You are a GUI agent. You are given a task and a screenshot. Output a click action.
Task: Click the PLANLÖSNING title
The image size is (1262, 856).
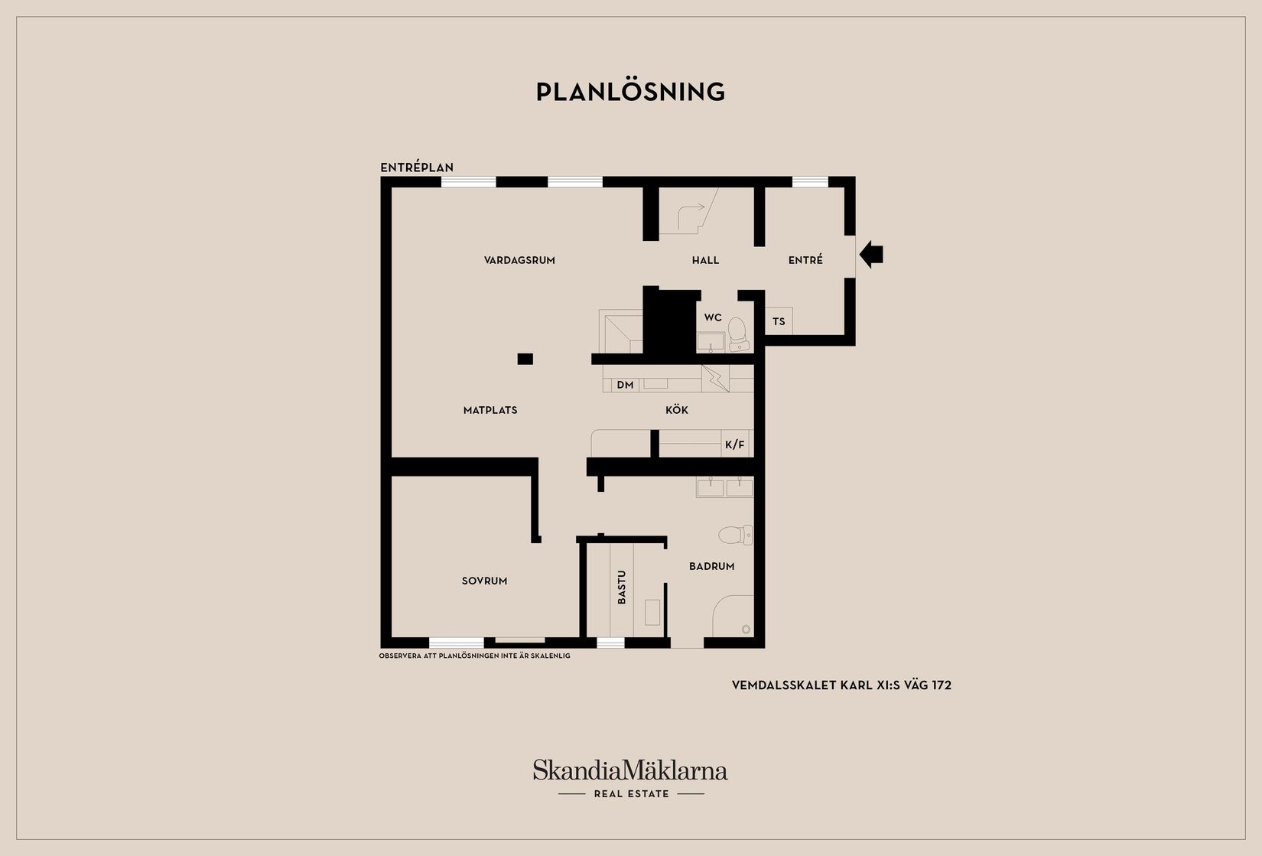630,92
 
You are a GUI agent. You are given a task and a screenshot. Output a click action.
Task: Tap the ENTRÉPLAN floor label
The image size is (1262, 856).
417,168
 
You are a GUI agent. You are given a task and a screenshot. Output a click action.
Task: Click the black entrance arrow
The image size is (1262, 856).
871,255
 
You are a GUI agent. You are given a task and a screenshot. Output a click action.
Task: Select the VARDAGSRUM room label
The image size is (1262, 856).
519,260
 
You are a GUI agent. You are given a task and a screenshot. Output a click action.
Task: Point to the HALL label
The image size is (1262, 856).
705,260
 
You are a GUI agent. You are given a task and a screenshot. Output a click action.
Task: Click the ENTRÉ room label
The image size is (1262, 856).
805,260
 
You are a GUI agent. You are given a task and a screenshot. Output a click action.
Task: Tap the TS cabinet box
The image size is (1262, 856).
779,321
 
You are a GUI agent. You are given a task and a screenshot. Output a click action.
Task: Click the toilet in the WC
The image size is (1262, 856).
738,334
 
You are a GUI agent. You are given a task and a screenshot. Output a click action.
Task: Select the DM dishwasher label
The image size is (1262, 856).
626,385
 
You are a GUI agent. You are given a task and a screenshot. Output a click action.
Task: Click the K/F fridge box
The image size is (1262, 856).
735,444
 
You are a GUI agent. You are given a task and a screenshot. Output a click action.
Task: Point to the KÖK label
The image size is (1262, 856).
677,410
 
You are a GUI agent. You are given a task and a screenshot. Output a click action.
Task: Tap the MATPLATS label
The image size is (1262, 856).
490,410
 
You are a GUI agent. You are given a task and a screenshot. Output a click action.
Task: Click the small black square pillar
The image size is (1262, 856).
525,359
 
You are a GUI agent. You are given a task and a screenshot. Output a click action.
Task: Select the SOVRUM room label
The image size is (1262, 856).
484,581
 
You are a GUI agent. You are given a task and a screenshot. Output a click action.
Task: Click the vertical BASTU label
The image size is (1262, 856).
621,587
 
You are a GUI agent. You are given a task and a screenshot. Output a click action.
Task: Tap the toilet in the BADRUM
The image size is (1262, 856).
735,535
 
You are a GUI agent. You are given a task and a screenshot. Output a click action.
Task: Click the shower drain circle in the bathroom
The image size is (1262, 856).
746,629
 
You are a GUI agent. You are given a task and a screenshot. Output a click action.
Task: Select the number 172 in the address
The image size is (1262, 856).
942,685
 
